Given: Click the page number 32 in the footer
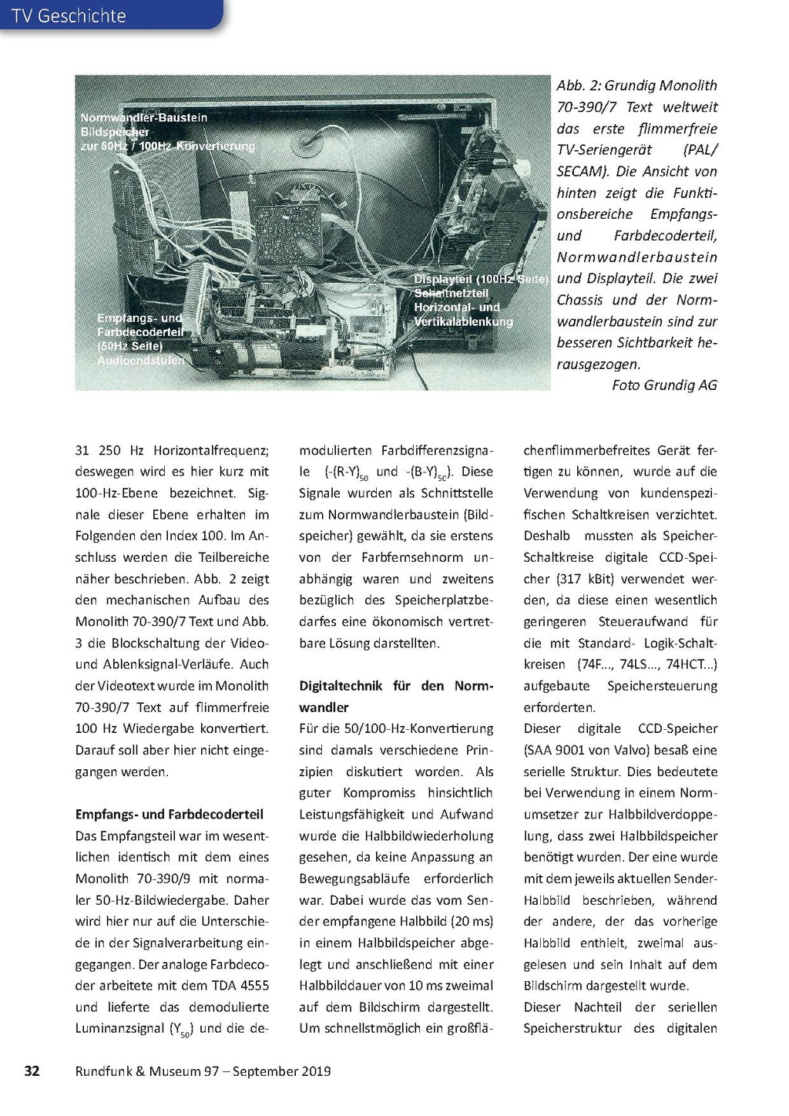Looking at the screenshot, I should (x=32, y=1071).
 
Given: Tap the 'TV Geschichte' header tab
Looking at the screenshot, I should (x=69, y=15).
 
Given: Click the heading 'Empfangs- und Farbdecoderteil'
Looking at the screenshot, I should (x=170, y=814).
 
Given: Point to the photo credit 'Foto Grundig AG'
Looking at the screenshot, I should (x=664, y=385).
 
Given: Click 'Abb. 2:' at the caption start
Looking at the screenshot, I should (x=578, y=86).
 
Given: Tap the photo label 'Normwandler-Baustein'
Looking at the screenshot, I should (x=144, y=118).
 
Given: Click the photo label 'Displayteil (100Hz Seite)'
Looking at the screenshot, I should (x=481, y=279).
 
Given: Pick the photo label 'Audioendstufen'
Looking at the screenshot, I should (x=140, y=360).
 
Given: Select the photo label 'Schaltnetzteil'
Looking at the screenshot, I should (x=451, y=293).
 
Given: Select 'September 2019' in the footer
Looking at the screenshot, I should (x=282, y=1071).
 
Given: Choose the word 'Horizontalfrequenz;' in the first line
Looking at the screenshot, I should (x=210, y=450).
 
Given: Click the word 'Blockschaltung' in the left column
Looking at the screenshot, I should (x=158, y=643).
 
